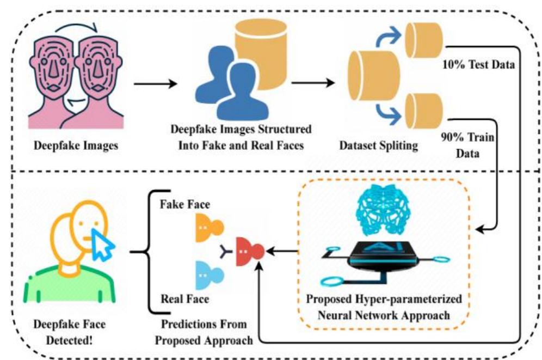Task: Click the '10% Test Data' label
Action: coord(478,65)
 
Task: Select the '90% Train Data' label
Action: coord(467,145)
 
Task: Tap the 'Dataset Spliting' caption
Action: coord(379,145)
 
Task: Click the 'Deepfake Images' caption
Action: coord(76,145)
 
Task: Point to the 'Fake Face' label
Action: coord(184,204)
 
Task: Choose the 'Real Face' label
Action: coord(185,299)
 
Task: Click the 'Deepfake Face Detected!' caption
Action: coord(70,332)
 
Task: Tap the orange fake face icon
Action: coord(209,228)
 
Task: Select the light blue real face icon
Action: coord(209,275)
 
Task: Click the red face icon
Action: coord(250,252)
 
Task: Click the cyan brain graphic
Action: coord(383,210)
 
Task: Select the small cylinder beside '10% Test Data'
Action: coord(424,40)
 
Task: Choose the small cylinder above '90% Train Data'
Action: coord(424,111)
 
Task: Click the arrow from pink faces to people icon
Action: coord(155,83)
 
